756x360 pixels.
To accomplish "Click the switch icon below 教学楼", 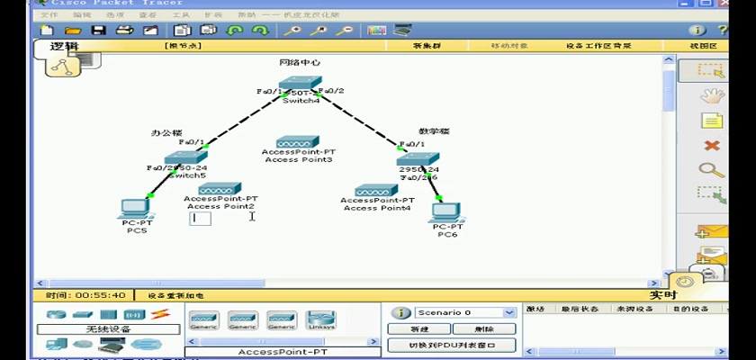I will pyautogui.click(x=418, y=160).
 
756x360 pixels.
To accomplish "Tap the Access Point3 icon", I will pyautogui.click(x=297, y=142).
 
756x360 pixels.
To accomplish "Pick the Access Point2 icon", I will pyautogui.click(x=220, y=189).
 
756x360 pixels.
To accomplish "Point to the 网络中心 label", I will pyautogui.click(x=300, y=63).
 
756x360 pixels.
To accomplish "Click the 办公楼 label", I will pyautogui.click(x=166, y=132).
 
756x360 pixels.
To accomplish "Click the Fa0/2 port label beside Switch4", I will pyautogui.click(x=332, y=91).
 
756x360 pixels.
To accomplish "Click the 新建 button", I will pyautogui.click(x=419, y=329).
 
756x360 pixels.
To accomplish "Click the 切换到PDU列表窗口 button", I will pyautogui.click(x=452, y=345).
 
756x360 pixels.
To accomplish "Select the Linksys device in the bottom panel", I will pyautogui.click(x=321, y=319).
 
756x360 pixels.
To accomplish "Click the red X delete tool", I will pyautogui.click(x=712, y=145).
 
